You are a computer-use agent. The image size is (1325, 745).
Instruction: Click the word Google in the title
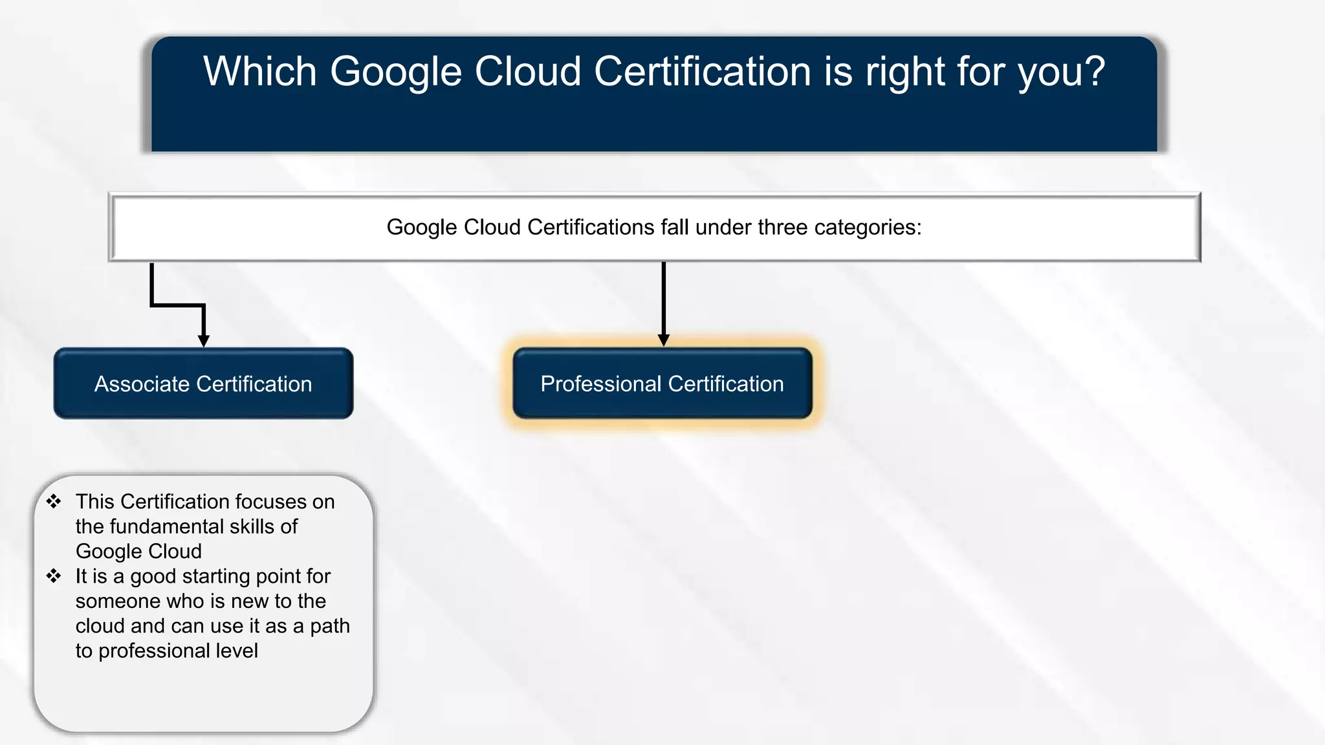(396, 72)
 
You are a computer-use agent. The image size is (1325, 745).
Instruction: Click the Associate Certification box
(203, 383)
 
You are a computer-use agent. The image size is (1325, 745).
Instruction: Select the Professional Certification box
(662, 383)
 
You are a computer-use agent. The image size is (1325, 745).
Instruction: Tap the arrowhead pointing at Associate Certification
(204, 340)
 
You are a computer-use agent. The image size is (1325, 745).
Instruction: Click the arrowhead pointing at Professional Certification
(663, 340)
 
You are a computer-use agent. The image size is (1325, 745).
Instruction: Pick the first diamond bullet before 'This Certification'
(54, 501)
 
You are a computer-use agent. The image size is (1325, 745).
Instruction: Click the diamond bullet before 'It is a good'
(54, 576)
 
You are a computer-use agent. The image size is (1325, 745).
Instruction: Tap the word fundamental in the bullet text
(161, 526)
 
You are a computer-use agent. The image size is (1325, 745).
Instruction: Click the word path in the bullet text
(330, 626)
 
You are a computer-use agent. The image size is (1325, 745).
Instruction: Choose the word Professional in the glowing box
(601, 384)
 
